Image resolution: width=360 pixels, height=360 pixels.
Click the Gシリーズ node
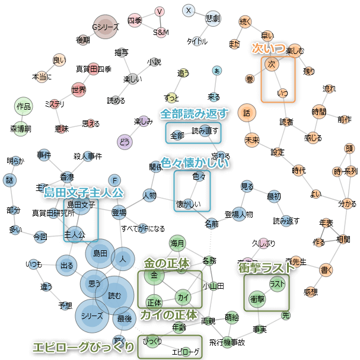pyautogui.click(x=106, y=27)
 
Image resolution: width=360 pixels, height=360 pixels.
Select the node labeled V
pyautogui.click(x=160, y=12)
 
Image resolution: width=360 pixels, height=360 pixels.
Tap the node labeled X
pyautogui.click(x=189, y=10)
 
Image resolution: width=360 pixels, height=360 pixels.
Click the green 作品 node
pyautogui.click(x=23, y=107)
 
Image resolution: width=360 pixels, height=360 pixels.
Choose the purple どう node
pyautogui.click(x=124, y=141)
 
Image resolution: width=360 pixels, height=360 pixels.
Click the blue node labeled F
pyautogui.click(x=115, y=180)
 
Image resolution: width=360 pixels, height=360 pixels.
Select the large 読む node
pyautogui.click(x=114, y=295)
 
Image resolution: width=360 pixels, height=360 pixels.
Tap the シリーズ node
pyautogui.click(x=92, y=316)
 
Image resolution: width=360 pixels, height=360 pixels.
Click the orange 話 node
pyautogui.click(x=247, y=112)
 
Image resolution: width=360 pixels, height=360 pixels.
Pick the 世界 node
pyautogui.click(x=78, y=90)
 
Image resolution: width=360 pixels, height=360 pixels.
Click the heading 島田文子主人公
pyautogui.click(x=84, y=192)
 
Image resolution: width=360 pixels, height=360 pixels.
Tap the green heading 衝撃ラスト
pyautogui.click(x=267, y=267)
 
